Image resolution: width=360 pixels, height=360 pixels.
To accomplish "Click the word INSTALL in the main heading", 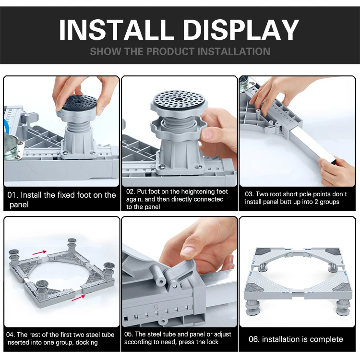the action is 116,30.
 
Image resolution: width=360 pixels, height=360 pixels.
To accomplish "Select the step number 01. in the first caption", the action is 12,195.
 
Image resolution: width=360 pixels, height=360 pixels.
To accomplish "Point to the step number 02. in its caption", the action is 131,192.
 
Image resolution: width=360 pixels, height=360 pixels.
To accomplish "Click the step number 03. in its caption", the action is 249,194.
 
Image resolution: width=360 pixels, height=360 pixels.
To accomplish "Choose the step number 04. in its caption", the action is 11,335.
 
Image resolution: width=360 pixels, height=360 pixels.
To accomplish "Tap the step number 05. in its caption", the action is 129,334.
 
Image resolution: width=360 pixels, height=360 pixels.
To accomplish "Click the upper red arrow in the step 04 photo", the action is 39,252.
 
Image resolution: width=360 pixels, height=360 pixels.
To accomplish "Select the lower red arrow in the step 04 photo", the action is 78,298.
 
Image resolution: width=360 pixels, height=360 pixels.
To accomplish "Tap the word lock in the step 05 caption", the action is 212,342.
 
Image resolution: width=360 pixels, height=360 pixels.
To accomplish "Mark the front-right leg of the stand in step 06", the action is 343,308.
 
